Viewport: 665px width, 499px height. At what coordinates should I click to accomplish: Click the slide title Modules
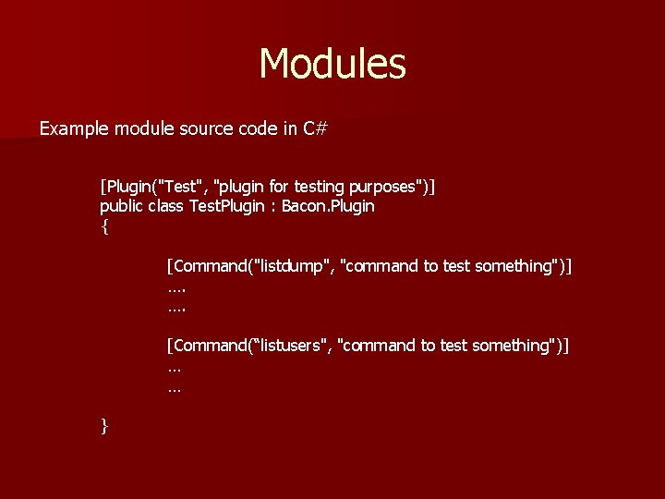point(332,64)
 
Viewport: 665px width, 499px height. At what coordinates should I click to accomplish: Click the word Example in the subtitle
point(74,128)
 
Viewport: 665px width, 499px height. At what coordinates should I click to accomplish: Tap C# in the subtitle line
point(315,128)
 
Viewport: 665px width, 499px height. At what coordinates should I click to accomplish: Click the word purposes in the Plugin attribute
point(381,187)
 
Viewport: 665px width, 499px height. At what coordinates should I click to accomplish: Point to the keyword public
point(122,206)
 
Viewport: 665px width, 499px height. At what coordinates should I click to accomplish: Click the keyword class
point(167,206)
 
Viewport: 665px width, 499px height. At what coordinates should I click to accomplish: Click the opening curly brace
point(104,226)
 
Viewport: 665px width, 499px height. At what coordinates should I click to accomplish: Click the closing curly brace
point(104,425)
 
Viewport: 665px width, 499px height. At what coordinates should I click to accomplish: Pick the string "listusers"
point(296,346)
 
